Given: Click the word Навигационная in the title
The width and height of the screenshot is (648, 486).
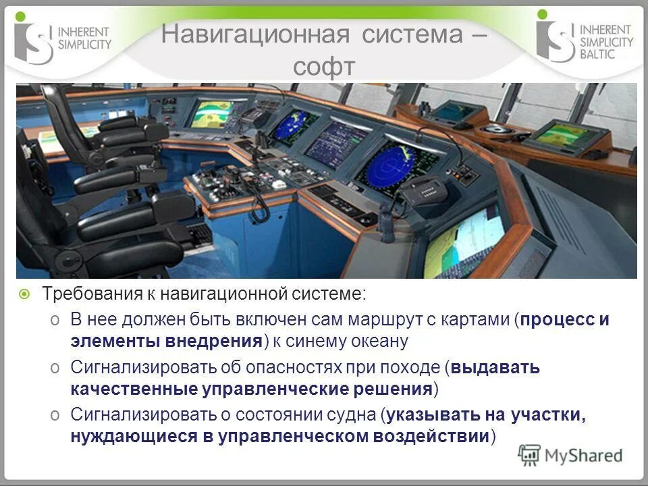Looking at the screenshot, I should [254, 35].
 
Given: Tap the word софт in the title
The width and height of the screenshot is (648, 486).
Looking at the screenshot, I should [324, 67].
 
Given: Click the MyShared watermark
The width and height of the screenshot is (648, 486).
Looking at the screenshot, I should [570, 455].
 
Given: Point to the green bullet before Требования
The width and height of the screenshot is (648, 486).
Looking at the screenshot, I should [24, 294].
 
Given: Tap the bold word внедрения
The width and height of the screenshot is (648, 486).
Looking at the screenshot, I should [213, 341].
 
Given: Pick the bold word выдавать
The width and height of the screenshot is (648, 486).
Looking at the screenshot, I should [495, 368].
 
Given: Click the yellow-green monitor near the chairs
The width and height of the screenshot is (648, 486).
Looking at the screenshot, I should [211, 113].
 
